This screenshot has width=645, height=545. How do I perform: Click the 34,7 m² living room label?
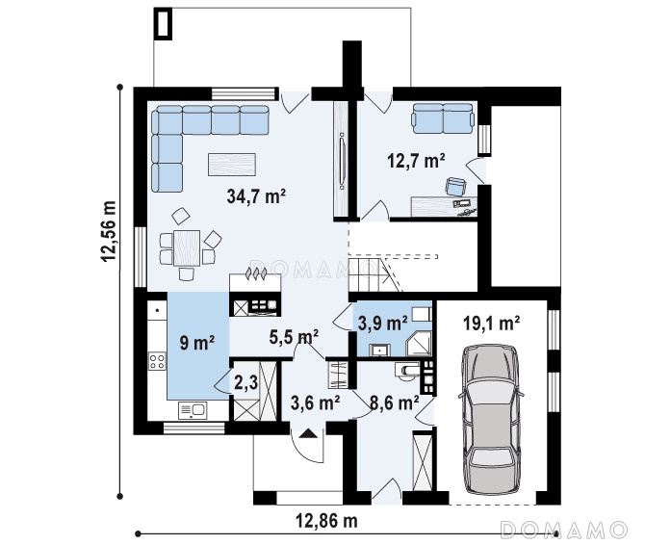point(256,196)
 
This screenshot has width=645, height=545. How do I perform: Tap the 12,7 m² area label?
point(416,161)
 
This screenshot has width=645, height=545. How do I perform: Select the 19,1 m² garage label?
point(491,324)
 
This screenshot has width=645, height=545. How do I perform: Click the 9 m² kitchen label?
point(197,342)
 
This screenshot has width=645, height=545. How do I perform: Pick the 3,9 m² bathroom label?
point(382,323)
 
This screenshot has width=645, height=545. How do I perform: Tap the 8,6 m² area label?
point(394,402)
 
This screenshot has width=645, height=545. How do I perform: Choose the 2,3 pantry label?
point(246,383)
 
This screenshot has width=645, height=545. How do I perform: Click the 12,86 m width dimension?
point(326,521)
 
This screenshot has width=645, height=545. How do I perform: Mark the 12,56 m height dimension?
point(109,231)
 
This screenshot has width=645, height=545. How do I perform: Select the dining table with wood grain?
point(187,248)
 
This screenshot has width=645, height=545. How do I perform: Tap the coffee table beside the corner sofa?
point(232,164)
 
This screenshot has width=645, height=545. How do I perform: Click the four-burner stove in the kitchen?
point(157,361)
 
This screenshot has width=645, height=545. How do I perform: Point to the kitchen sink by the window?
point(193,410)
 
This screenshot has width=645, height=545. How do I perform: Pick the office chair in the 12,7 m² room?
point(455,186)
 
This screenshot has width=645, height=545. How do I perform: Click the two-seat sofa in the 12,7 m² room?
point(443,118)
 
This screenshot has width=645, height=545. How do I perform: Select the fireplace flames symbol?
point(255,273)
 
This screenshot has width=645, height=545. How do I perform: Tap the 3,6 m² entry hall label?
point(315,402)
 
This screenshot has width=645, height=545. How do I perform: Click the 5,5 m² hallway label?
point(294,337)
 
